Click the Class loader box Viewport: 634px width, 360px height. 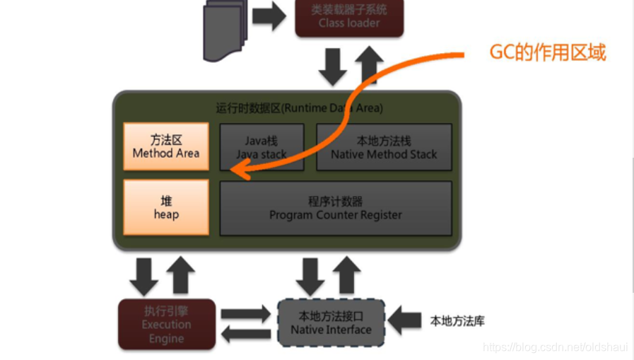tap(349, 18)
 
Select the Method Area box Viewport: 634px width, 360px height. tap(166, 146)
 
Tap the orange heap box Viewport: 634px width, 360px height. tap(166, 207)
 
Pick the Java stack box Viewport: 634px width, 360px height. tap(262, 147)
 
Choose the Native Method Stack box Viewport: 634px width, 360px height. tap(384, 147)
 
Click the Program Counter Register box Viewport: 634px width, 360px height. tap(336, 208)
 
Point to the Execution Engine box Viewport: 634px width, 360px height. tap(167, 325)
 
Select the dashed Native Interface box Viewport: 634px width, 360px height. tap(331, 323)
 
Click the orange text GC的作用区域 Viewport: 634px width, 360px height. tap(548, 53)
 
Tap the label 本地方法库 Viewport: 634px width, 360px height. tap(457, 321)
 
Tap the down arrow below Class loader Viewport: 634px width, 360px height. tap(332, 67)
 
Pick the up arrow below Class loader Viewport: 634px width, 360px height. tap(368, 66)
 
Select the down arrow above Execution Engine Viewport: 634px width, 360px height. tap(144, 277)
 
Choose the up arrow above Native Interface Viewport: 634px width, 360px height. tap(347, 275)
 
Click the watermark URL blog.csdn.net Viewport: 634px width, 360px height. tap(555, 347)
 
